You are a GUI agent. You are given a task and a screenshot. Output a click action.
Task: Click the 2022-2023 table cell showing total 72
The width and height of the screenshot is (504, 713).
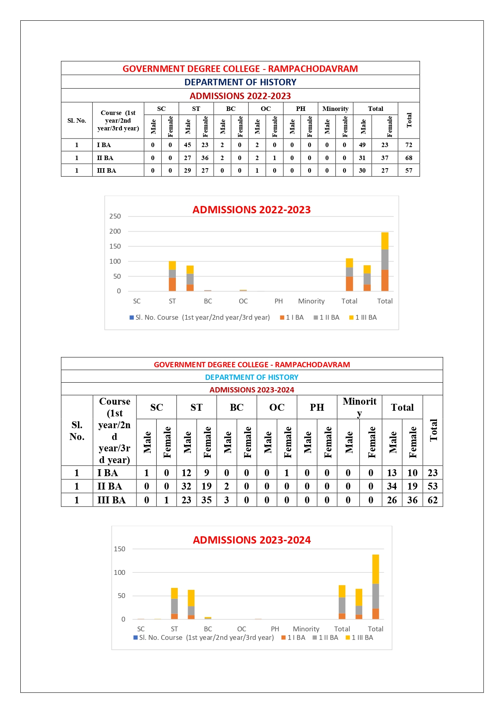click(409, 145)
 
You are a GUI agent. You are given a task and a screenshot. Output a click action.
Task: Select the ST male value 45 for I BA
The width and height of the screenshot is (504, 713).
click(187, 145)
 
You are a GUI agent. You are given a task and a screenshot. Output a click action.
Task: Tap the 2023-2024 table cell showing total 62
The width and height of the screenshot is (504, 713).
click(433, 500)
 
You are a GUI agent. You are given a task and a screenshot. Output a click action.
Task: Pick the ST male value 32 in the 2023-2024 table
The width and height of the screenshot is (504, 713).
click(186, 486)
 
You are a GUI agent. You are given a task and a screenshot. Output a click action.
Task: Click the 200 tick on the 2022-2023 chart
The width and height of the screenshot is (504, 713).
click(115, 231)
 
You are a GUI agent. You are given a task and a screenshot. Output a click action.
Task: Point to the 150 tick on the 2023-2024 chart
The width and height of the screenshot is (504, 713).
click(119, 549)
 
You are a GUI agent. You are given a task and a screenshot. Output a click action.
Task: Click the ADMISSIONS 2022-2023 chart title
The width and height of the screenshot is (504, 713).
click(251, 210)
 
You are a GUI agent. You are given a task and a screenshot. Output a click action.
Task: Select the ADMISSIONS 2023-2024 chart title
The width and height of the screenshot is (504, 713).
click(251, 540)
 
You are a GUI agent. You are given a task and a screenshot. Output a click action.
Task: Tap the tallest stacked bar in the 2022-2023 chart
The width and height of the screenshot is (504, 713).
click(385, 262)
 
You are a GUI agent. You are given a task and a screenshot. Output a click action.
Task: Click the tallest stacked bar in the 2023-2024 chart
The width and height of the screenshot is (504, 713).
click(376, 587)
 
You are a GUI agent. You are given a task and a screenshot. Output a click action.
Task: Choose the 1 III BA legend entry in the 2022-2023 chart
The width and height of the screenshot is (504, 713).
click(363, 317)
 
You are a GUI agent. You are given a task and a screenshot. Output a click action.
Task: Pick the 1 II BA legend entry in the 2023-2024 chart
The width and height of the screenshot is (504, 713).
click(325, 637)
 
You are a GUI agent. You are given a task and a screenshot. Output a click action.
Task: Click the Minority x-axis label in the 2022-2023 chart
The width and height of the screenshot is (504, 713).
click(311, 301)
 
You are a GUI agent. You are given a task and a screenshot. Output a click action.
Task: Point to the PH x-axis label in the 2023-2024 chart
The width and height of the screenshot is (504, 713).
click(275, 629)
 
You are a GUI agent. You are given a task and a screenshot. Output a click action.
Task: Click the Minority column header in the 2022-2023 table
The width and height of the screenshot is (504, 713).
click(335, 109)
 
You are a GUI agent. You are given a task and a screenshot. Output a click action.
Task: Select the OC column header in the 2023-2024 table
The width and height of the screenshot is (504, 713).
click(277, 407)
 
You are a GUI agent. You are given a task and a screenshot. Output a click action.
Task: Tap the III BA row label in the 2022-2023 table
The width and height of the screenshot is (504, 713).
click(106, 171)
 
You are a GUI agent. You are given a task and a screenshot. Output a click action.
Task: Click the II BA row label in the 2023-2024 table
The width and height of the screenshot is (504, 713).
click(110, 486)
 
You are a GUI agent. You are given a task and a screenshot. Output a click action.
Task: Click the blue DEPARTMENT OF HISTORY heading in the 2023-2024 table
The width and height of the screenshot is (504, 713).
click(251, 377)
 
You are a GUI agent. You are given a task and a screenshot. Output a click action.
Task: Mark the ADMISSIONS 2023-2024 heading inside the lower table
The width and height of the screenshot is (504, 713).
click(251, 390)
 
